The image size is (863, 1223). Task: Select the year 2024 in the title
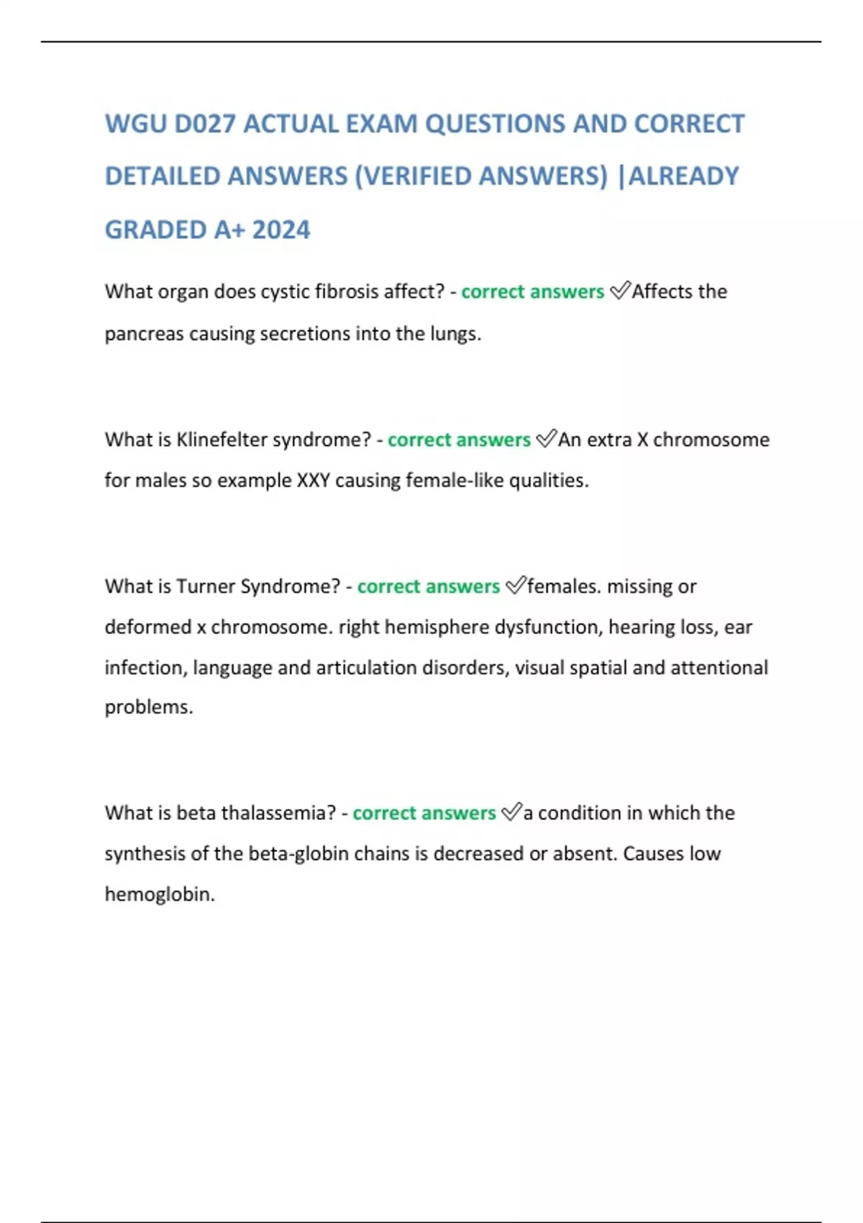pos(281,230)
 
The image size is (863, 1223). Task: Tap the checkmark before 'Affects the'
pos(619,291)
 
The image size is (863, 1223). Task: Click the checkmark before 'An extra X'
pos(547,439)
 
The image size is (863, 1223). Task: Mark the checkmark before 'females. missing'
pos(516,586)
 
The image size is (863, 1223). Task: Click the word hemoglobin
pos(160,895)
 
